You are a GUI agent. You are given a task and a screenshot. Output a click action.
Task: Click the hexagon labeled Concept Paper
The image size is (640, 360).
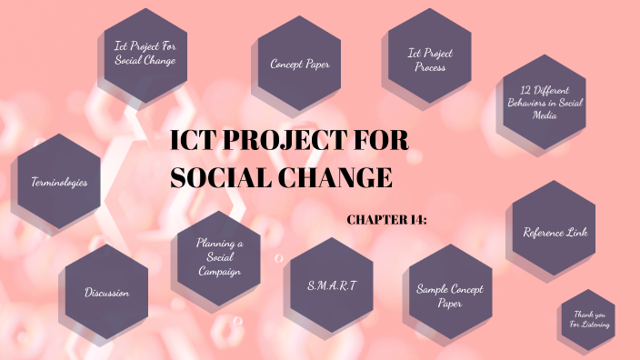tap(299, 64)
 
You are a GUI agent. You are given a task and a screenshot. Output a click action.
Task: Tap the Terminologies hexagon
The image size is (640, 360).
tap(59, 182)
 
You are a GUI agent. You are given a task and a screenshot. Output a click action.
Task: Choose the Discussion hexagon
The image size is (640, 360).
tap(107, 293)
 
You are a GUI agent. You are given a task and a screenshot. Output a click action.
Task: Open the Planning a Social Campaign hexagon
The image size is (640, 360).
tap(219, 258)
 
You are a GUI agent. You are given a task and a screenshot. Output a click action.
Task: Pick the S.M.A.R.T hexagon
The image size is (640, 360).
tap(332, 285)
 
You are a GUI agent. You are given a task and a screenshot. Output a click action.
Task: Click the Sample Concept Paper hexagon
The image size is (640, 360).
tap(449, 295)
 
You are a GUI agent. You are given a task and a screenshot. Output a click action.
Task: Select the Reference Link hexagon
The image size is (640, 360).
tap(555, 232)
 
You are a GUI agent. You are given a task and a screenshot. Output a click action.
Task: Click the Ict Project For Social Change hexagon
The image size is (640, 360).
tap(145, 53)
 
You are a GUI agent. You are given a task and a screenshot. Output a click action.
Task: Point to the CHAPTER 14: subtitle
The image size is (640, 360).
tap(387, 219)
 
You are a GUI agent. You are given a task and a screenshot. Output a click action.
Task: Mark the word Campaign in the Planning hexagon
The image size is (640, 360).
tap(219, 272)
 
